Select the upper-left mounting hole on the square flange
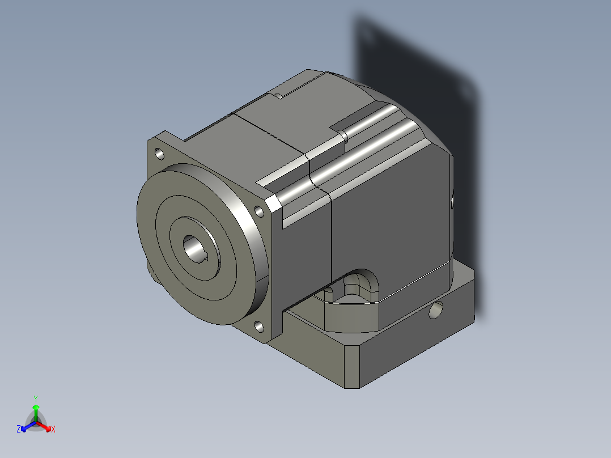[159, 154]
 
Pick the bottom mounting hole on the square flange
[258, 326]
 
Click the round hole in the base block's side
[436, 310]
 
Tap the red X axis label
[53, 430]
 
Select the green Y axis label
[36, 398]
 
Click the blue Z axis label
[19, 430]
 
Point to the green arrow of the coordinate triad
[36, 409]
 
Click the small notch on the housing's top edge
[279, 95]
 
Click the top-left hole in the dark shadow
[369, 37]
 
